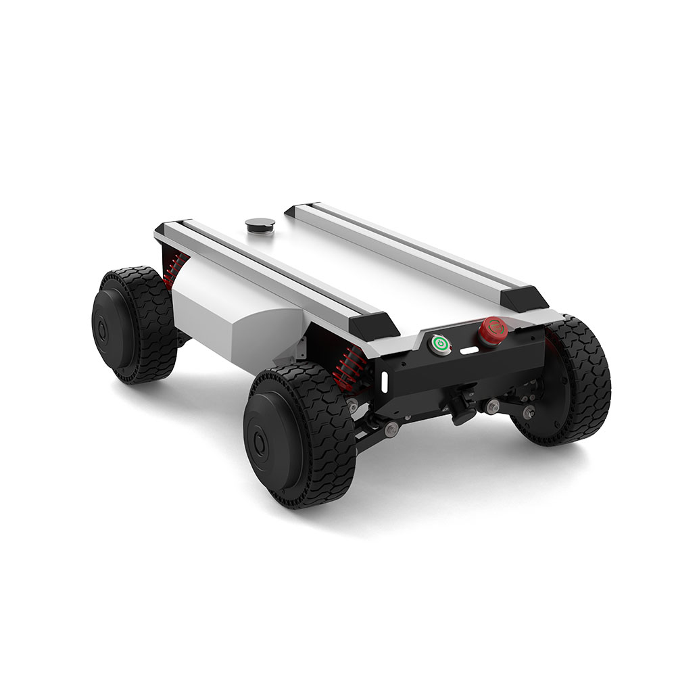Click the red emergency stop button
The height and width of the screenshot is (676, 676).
pos(492,329)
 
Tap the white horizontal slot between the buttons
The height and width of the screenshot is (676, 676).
pos(468,351)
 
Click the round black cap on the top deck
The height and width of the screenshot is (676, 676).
pos(258,225)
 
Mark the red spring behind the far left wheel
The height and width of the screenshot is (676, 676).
pos(174,267)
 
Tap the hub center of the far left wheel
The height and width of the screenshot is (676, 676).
pos(103,331)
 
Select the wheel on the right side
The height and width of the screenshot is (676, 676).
pos(575,385)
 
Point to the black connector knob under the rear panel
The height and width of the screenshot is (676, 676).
pos(462,411)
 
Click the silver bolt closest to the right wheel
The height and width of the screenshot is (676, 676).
pos(528,411)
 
